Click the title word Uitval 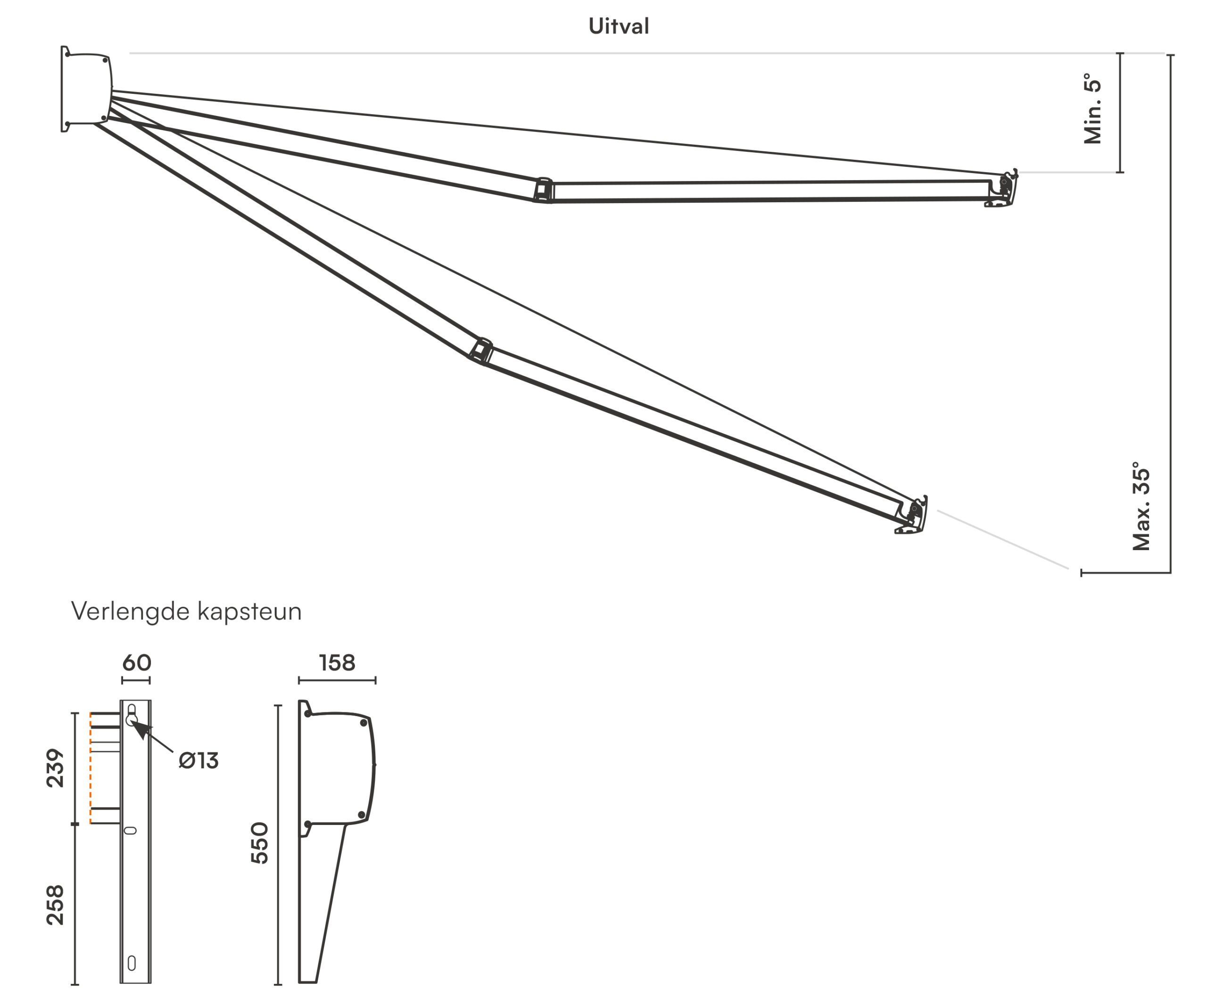pos(619,26)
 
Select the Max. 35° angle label pos(1141,505)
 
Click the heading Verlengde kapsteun pos(186,611)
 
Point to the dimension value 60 pos(136,663)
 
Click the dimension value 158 pos(338,663)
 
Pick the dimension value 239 pos(55,767)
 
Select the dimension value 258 pos(55,905)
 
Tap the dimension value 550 pos(260,843)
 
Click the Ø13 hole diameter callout pos(198,761)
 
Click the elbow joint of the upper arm pos(543,190)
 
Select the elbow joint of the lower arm pos(480,350)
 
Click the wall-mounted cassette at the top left pos(86,89)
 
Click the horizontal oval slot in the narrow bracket pos(131,830)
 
